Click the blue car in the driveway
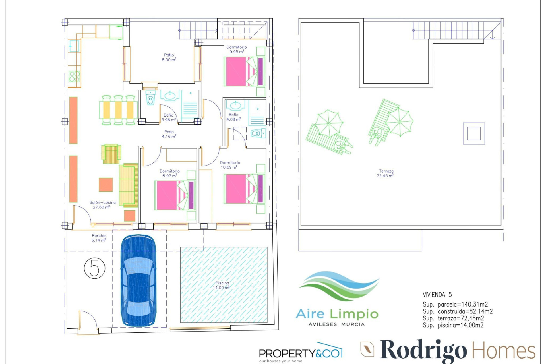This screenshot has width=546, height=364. coord(138,280)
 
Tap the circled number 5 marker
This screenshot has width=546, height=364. coord(95,268)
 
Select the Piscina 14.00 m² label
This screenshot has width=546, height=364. coord(222,285)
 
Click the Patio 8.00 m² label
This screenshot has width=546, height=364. coord(169,57)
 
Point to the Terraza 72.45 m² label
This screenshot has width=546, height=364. coord(386,173)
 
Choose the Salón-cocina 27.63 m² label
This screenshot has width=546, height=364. coord(102,205)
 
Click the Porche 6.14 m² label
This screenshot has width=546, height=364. coord(99,238)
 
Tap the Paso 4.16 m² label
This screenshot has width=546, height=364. coord(169,134)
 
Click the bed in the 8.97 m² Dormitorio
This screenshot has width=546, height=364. coord(175,195)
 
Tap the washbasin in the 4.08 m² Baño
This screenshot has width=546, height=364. coord(235,106)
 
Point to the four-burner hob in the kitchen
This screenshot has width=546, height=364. coord(75,76)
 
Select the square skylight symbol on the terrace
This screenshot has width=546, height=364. coord(473,133)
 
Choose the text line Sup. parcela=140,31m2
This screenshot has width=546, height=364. coord(455,305)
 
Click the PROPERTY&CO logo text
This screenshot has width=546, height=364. coord(300,353)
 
